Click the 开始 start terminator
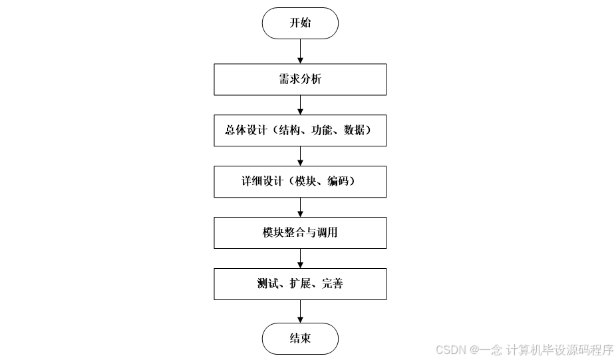point(300,23)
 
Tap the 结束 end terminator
point(300,338)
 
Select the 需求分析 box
point(300,79)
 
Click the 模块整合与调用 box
point(300,232)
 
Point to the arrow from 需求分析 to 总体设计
point(300,104)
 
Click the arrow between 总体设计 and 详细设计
point(300,156)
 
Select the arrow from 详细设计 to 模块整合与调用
point(300,207)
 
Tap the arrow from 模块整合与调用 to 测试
point(300,258)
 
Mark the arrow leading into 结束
point(300,311)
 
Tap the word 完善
point(333,284)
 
